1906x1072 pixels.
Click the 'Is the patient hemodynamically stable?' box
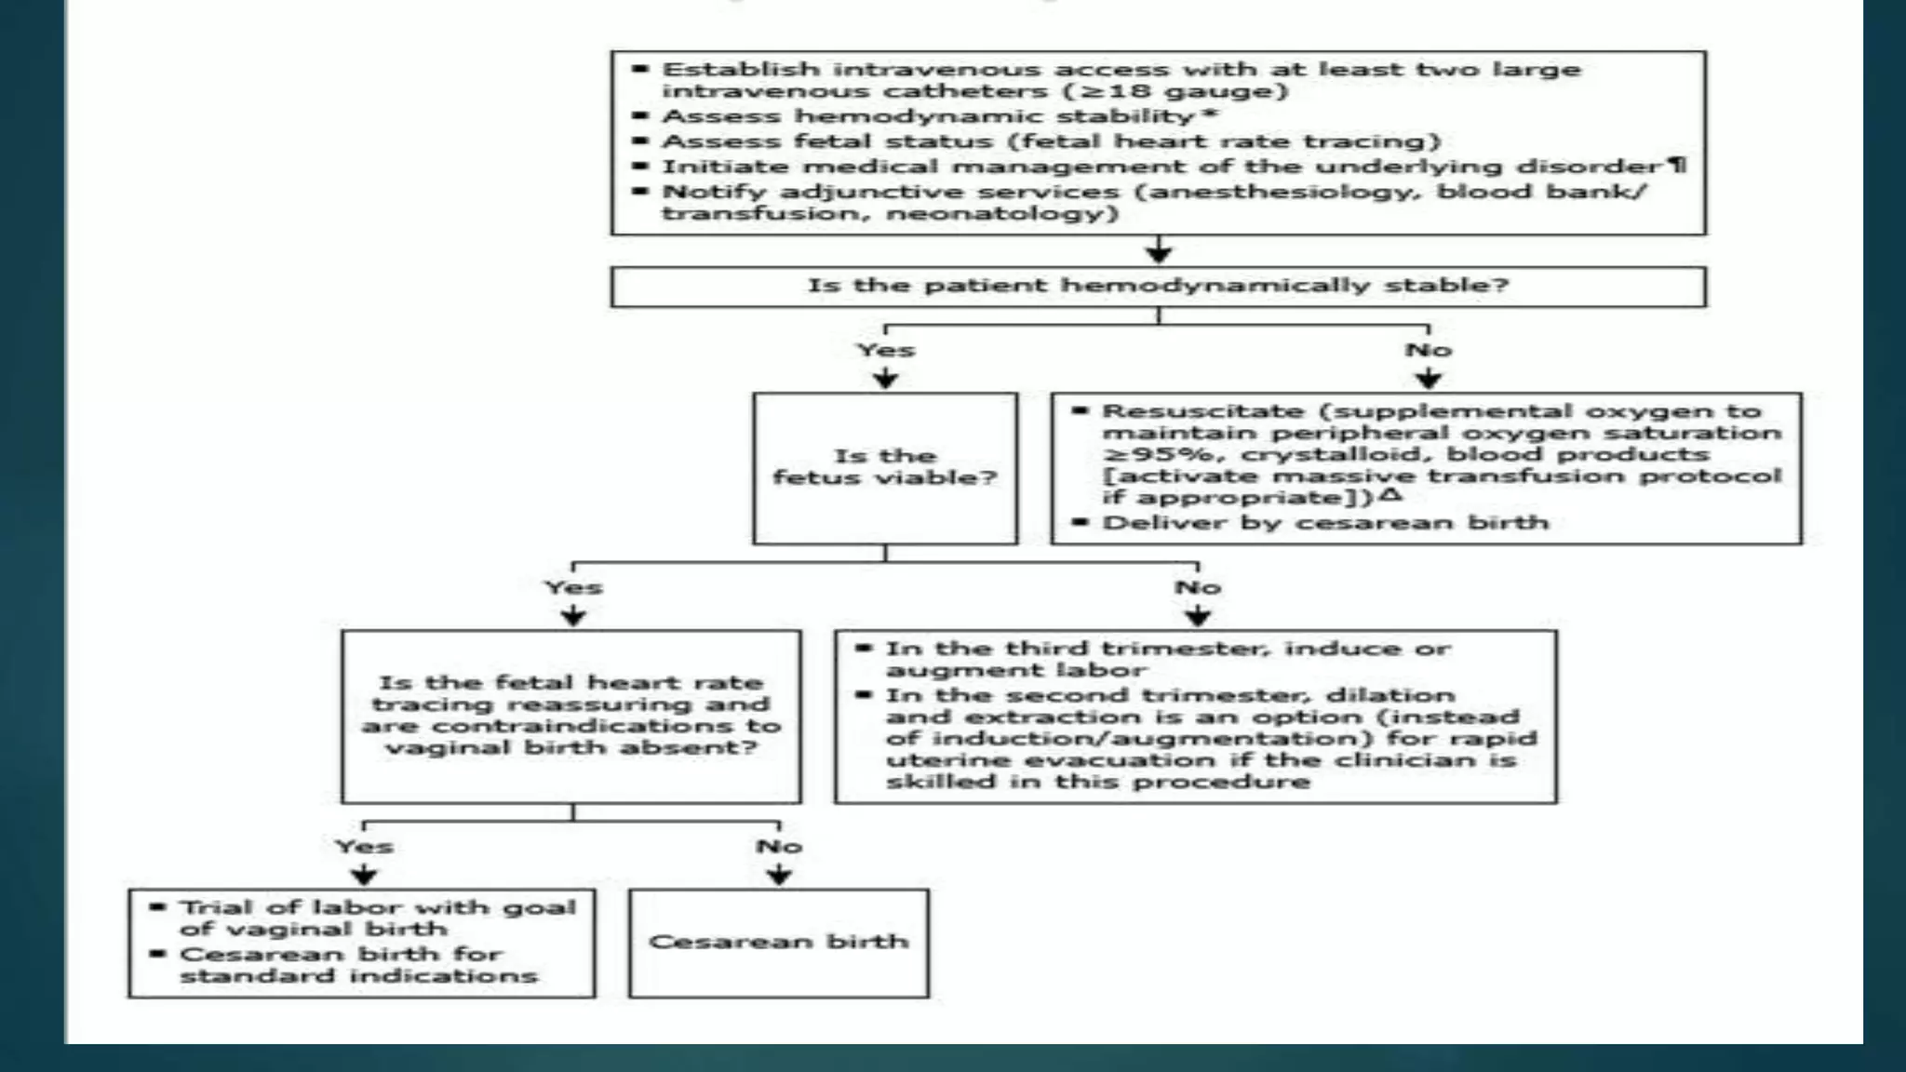(x=1158, y=286)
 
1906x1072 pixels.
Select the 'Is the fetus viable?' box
(x=884, y=467)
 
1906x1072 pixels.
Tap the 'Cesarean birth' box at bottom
(x=778, y=942)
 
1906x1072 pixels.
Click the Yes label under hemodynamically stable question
(x=885, y=350)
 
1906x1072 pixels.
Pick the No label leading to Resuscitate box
(x=1428, y=350)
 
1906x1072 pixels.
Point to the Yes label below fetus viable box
(x=573, y=587)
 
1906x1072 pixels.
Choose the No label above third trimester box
(x=1197, y=587)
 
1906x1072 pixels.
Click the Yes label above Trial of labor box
(x=364, y=846)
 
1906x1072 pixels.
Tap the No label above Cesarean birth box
(x=778, y=846)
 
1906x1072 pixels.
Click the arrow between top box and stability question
(x=1158, y=250)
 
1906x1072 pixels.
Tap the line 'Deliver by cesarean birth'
(x=1325, y=522)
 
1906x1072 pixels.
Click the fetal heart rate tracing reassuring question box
(x=570, y=715)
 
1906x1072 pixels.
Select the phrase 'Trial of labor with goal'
(x=378, y=907)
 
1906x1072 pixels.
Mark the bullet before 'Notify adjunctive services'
(x=639, y=192)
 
